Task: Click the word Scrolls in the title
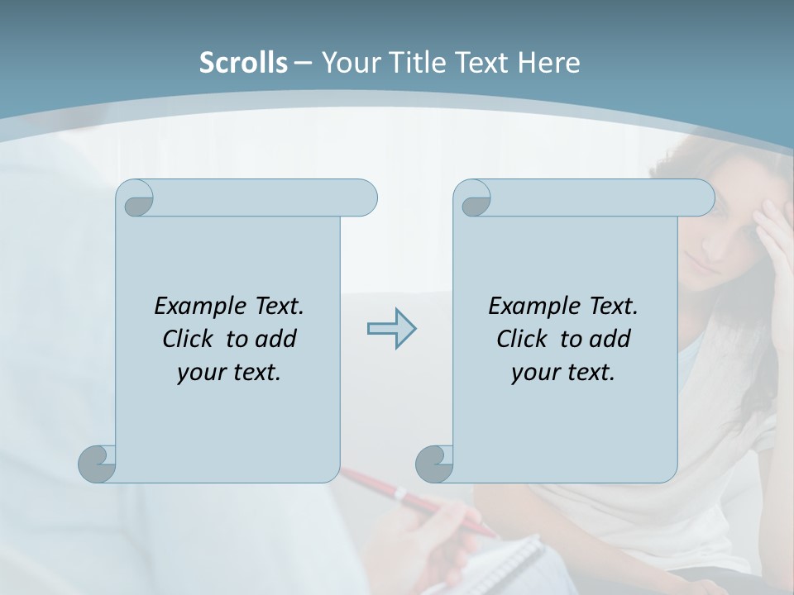[243, 63]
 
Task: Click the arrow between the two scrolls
[391, 328]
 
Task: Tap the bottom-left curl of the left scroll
[98, 463]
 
